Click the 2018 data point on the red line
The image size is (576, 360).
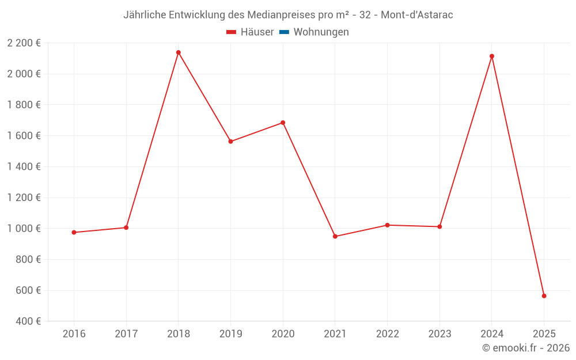tap(179, 52)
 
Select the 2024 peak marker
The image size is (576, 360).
tap(492, 56)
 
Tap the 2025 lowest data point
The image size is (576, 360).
tap(544, 296)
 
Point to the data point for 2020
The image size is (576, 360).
tap(283, 123)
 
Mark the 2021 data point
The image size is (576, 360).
tap(335, 236)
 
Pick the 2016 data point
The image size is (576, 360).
tap(74, 232)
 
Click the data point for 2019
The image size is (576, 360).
tap(230, 141)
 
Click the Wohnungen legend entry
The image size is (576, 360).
tap(321, 32)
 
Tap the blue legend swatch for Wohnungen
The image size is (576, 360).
tap(284, 32)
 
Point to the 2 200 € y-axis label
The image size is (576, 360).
tap(24, 43)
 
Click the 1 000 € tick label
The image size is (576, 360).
tap(24, 229)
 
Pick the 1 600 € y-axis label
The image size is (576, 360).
tap(24, 136)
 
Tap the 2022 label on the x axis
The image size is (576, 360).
tap(387, 334)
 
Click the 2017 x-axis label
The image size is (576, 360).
tap(126, 334)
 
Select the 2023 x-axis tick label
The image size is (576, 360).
tap(439, 334)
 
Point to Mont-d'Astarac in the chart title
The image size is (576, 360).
tap(417, 15)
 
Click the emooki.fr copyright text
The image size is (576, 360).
tap(526, 348)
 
